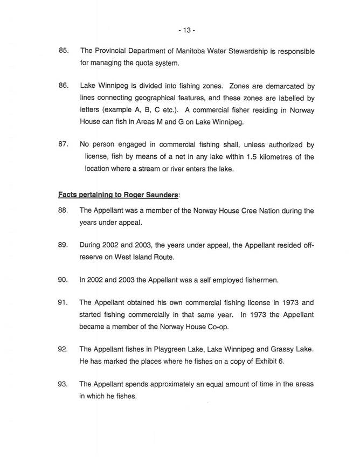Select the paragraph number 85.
(64, 51)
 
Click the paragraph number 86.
(64, 86)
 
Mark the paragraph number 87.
(64, 145)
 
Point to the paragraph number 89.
(64, 245)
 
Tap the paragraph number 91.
(64, 303)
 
